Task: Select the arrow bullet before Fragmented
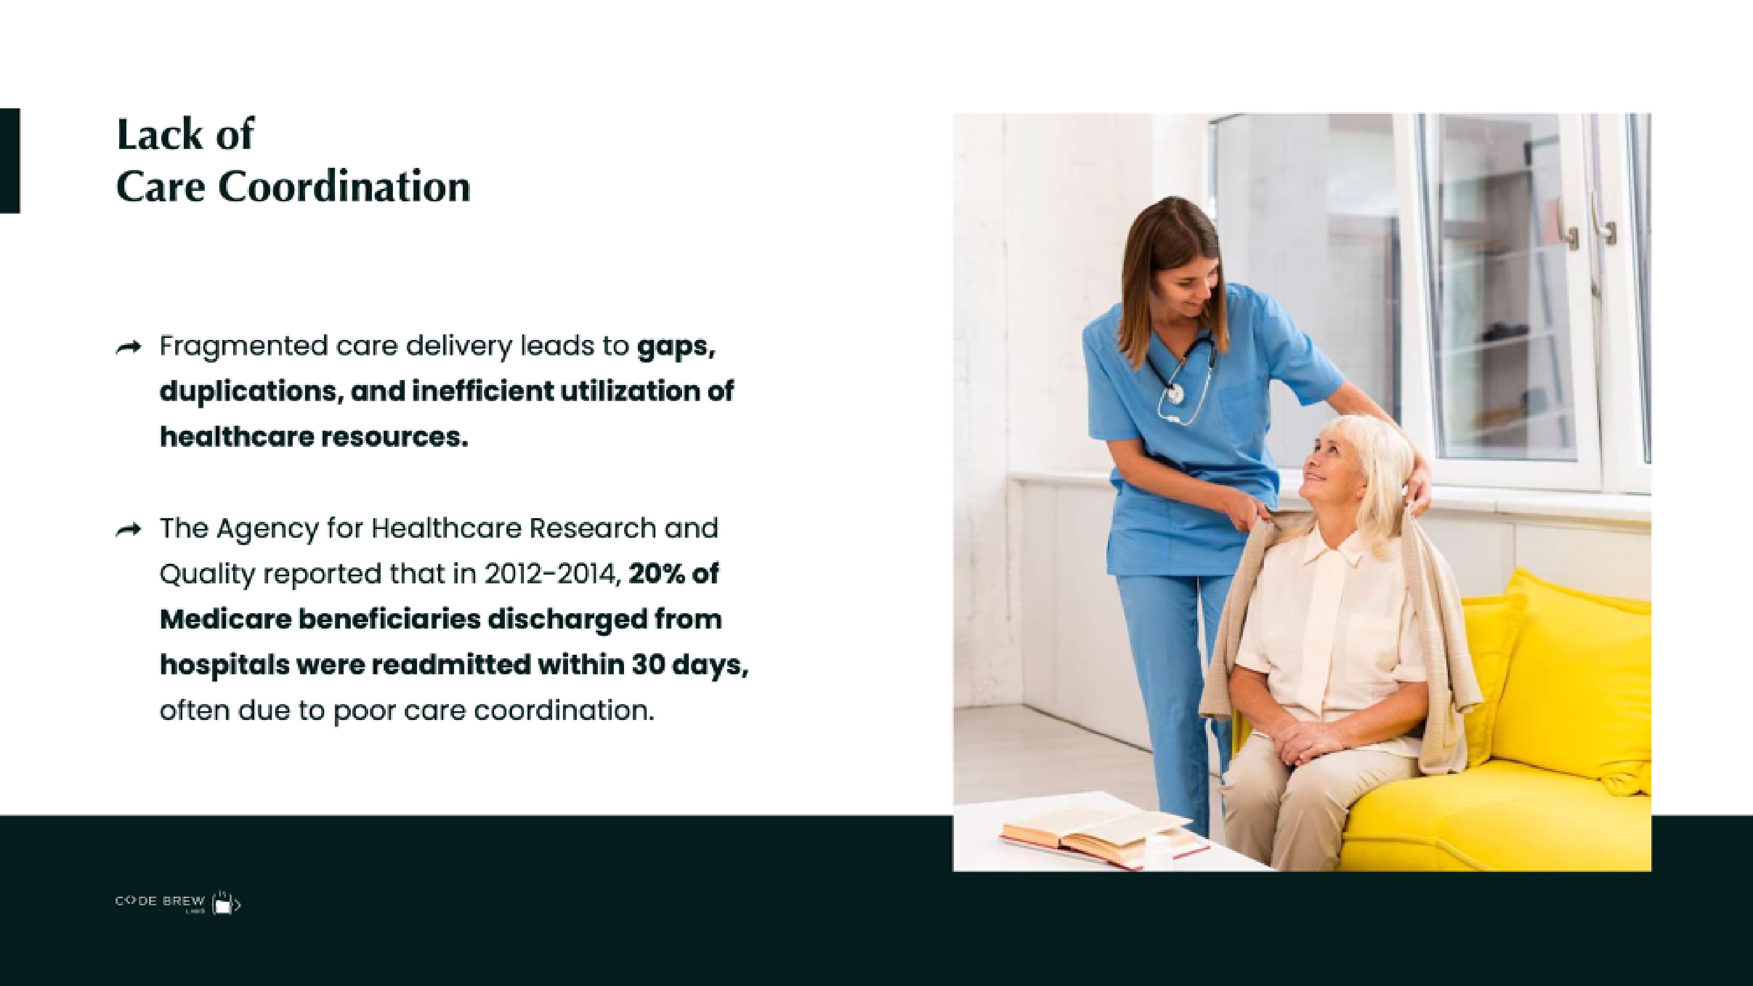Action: click(x=128, y=348)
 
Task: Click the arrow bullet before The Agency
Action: click(x=128, y=529)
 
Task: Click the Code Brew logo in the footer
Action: click(x=178, y=902)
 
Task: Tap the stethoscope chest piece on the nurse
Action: click(x=1174, y=393)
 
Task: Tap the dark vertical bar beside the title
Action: click(x=10, y=161)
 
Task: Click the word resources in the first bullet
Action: click(x=394, y=438)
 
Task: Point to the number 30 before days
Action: click(x=648, y=665)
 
